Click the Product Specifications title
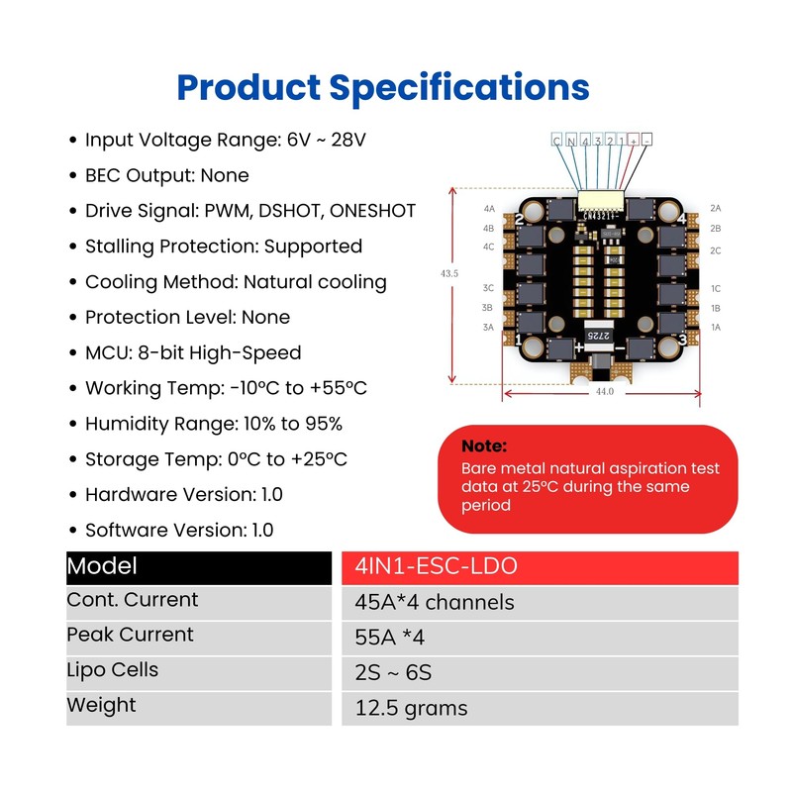point(383,88)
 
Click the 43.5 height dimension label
point(449,274)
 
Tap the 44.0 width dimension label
point(605,391)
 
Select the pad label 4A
point(489,209)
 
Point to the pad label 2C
point(715,250)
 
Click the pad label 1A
point(716,328)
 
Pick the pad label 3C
point(488,288)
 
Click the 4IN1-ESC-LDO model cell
point(540,567)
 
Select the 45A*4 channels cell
point(540,603)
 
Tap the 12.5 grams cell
point(540,709)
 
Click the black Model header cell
point(199,567)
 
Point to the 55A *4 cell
point(540,639)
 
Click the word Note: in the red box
point(484,446)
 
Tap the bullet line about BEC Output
point(159,176)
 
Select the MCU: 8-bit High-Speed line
point(185,353)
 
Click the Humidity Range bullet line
point(206,425)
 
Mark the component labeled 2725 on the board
point(599,336)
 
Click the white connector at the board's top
point(601,201)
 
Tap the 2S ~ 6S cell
point(540,673)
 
